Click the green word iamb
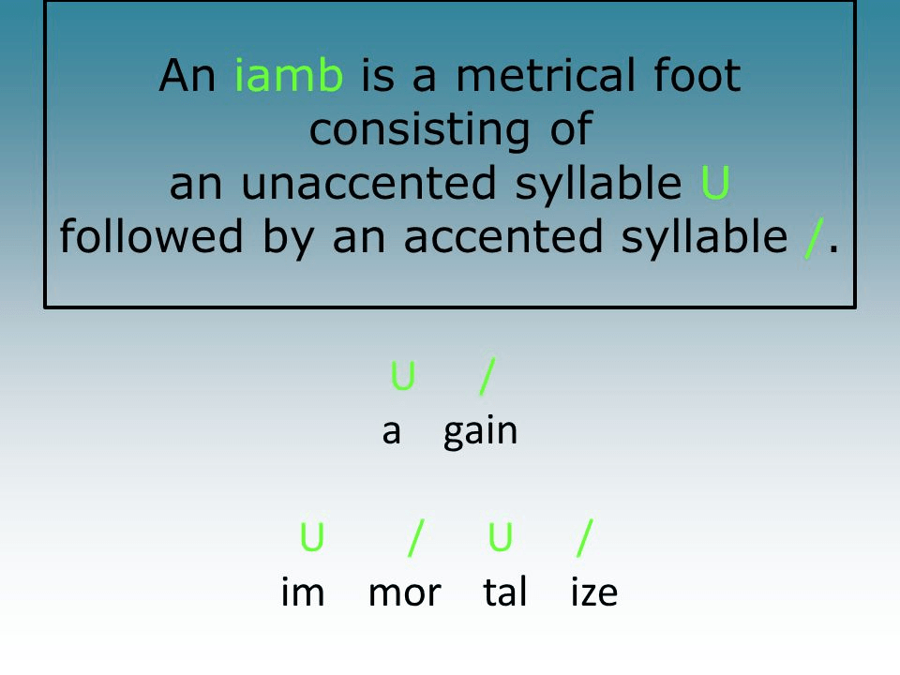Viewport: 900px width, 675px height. tap(289, 75)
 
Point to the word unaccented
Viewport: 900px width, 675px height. tap(367, 184)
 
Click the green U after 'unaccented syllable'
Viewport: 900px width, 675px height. tap(715, 183)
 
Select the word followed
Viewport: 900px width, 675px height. tap(152, 236)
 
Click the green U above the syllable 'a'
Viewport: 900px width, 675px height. tap(402, 376)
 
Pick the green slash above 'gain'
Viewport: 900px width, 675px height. tap(487, 377)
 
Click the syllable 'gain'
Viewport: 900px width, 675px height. tap(480, 432)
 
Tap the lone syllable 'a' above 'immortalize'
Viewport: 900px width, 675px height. tap(391, 432)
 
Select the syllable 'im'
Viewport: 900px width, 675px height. tap(303, 592)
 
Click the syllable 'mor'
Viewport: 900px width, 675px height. tap(405, 593)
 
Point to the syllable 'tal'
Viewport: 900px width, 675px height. tap(504, 592)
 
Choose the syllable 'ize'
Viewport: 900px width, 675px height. tap(594, 592)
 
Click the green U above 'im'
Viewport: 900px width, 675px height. tap(312, 536)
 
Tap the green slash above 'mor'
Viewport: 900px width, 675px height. tap(416, 538)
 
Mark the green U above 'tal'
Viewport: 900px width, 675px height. tap(500, 536)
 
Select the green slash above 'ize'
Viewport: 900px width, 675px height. tap(585, 538)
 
